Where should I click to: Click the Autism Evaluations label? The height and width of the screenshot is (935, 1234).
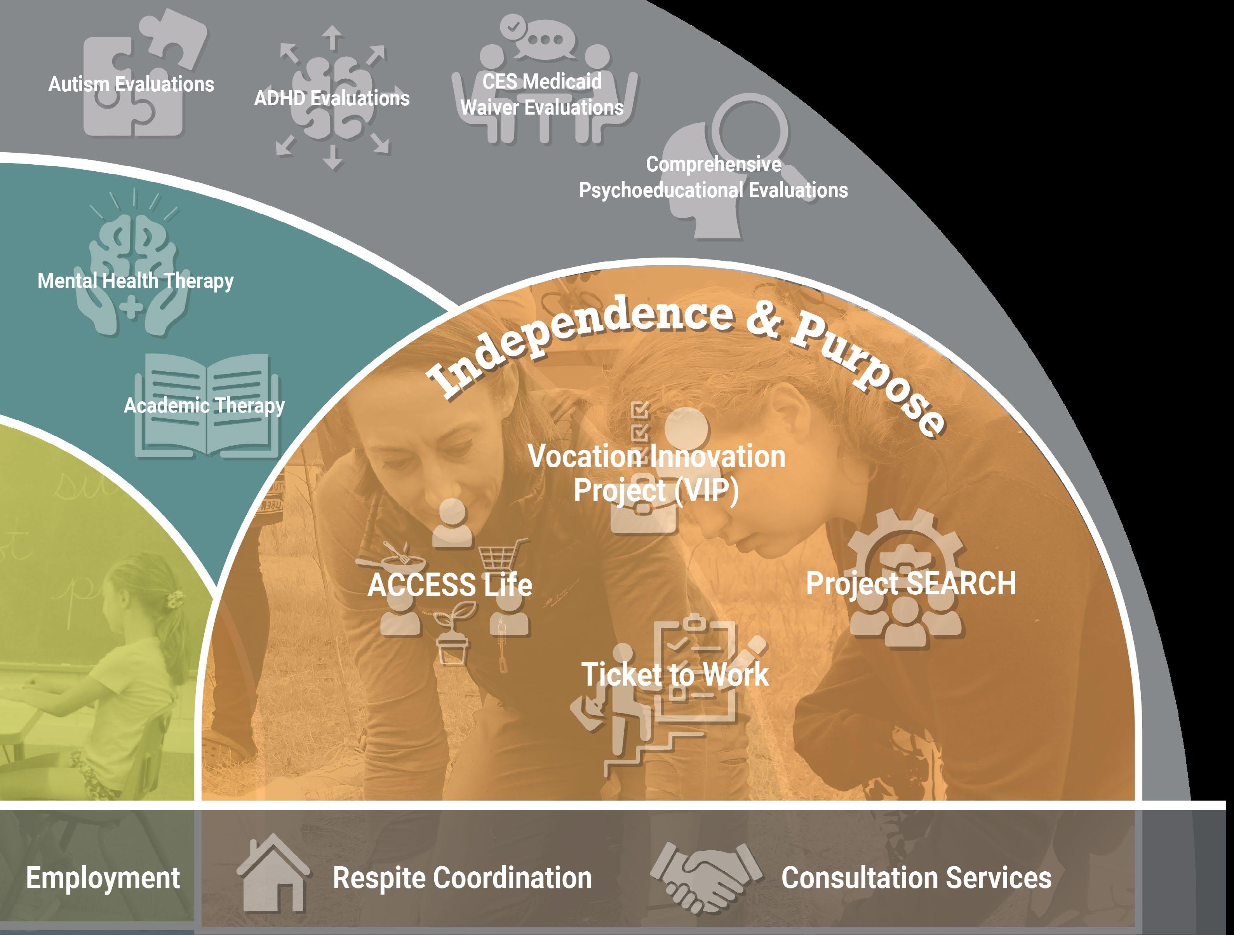pos(131,84)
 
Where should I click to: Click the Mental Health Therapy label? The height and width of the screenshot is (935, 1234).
pos(136,280)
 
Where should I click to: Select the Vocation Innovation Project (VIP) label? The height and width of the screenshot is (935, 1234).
pos(656,474)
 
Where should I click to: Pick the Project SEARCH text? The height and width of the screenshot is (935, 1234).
pos(910,583)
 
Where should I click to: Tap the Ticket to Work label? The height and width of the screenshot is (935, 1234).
pos(675,674)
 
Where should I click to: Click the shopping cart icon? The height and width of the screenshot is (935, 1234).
pos(501,555)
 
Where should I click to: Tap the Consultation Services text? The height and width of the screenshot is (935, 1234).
pos(916,878)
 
